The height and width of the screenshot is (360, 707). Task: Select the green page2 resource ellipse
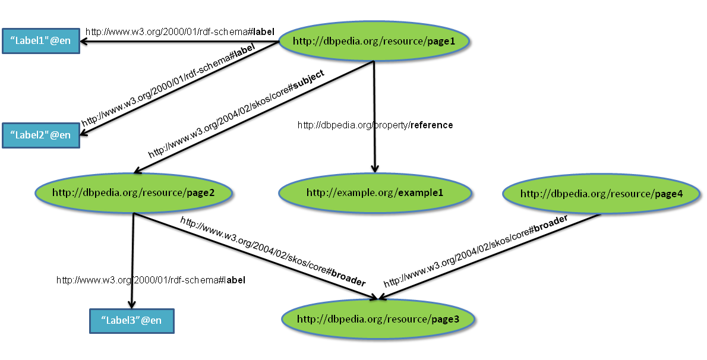pos(133,192)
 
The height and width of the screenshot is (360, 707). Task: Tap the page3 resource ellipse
pos(378,320)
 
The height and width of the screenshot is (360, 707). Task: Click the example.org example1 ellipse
pos(375,192)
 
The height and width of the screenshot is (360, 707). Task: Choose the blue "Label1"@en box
pos(40,41)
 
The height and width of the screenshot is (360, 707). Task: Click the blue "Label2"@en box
pos(40,135)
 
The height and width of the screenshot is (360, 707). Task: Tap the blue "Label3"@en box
pos(131,320)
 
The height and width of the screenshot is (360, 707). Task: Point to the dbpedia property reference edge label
pos(375,125)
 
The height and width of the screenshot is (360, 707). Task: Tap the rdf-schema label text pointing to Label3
pos(150,280)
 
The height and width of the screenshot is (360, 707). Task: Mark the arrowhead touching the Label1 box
pos(84,42)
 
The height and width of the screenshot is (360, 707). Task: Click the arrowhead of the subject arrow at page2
pos(137,171)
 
